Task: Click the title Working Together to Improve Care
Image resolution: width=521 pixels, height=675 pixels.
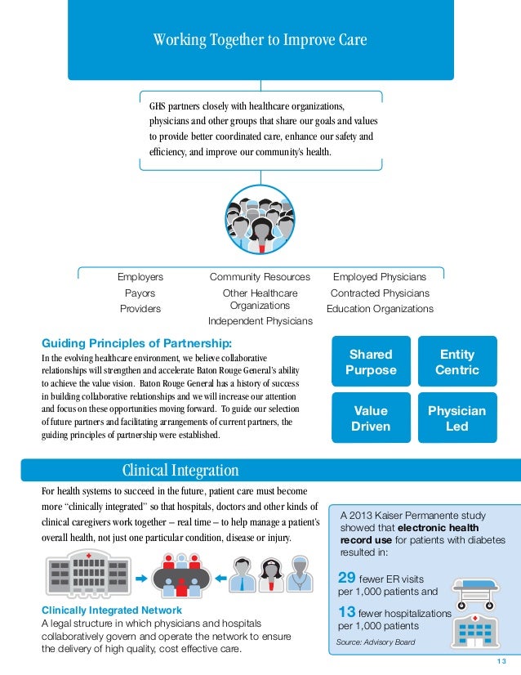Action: click(260, 40)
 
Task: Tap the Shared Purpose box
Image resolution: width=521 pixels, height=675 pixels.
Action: click(371, 363)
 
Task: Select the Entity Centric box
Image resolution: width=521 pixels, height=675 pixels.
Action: click(457, 363)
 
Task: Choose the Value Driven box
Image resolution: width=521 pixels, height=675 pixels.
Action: click(371, 418)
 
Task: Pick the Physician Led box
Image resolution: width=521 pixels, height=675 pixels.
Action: click(457, 418)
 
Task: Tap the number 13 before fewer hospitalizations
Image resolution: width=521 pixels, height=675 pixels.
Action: click(345, 612)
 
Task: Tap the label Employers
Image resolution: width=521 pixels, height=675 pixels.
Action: click(140, 277)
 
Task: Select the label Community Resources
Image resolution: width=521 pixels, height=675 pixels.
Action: click(260, 277)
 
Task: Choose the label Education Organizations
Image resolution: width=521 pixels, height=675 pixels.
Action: click(380, 309)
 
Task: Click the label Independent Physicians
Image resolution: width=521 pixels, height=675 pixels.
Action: click(260, 321)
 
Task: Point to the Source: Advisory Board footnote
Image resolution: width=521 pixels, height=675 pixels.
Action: click(376, 642)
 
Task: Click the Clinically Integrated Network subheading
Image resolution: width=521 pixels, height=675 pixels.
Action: click(111, 610)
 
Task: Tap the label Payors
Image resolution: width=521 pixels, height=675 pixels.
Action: click(140, 293)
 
